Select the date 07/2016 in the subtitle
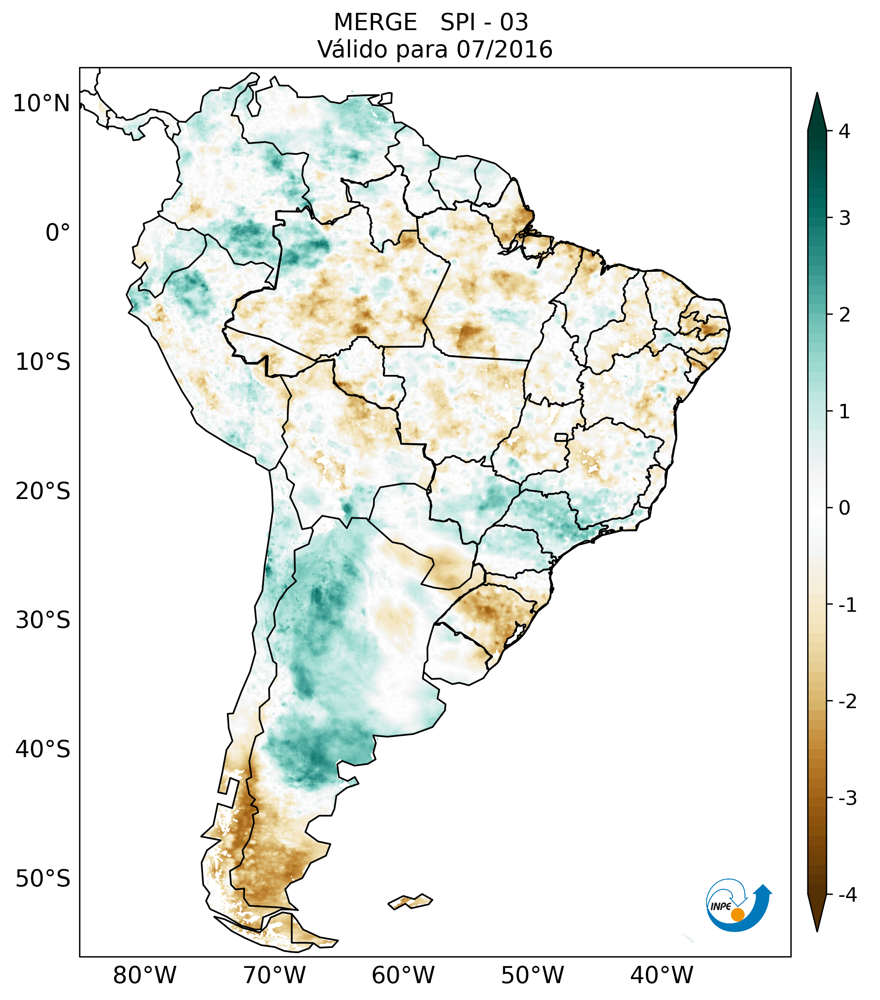pos(504,49)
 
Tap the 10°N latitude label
pos(41,104)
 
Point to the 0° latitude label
pos(58,233)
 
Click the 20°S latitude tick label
pos(43,491)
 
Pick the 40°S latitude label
pos(43,749)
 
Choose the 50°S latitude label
pos(43,879)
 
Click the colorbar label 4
pos(844,131)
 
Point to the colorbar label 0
pos(844,508)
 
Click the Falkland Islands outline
pos(410,901)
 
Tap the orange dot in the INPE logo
pos(737,914)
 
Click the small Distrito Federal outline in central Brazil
pos(561,437)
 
